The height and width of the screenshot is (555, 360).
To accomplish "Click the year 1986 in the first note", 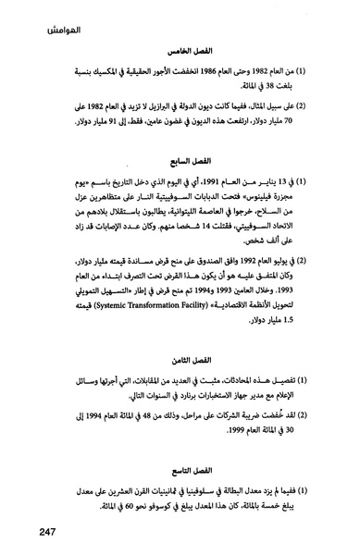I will pyautogui.click(x=204, y=74).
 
